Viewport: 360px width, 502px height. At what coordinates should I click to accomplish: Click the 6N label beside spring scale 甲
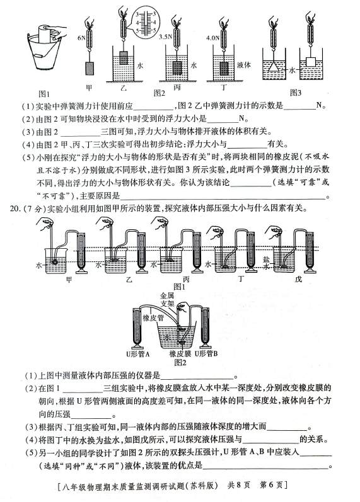pyautogui.click(x=81, y=38)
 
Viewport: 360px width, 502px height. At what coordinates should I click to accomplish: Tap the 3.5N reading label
pyautogui.click(x=165, y=37)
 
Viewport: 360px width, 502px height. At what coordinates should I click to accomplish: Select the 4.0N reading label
pyautogui.click(x=213, y=38)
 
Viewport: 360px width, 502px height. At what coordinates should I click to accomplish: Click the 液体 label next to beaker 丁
pyautogui.click(x=244, y=65)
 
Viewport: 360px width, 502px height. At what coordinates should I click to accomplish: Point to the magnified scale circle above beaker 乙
pyautogui.click(x=146, y=23)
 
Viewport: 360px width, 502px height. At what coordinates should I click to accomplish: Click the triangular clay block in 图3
pyautogui.click(x=274, y=67)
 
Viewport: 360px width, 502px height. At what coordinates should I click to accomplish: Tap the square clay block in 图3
pyautogui.click(x=311, y=62)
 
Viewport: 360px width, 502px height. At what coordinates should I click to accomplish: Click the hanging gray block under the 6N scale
pyautogui.click(x=90, y=68)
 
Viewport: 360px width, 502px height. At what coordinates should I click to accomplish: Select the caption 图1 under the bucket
pyautogui.click(x=44, y=94)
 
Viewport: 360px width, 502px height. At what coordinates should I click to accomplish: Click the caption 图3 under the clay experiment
pyautogui.click(x=296, y=93)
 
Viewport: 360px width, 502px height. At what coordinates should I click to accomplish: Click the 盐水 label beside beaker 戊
pyautogui.click(x=267, y=263)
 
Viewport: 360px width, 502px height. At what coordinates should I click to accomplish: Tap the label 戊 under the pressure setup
pyautogui.click(x=298, y=279)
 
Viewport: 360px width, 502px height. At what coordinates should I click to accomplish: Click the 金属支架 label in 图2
pyautogui.click(x=166, y=300)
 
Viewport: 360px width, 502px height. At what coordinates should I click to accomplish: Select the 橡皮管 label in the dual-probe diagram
pyautogui.click(x=153, y=318)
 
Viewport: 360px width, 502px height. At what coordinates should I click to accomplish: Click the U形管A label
pyautogui.click(x=138, y=354)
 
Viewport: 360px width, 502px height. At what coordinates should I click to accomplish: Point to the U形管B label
pyautogui.click(x=206, y=353)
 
